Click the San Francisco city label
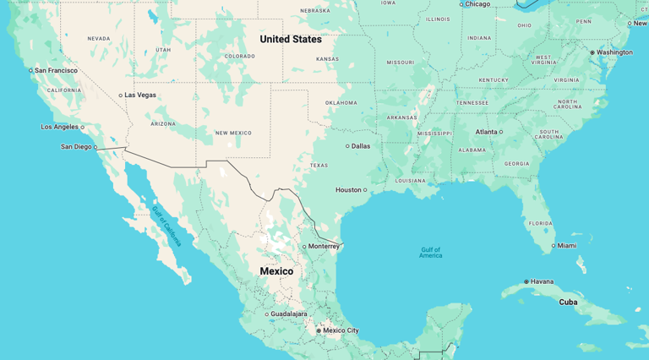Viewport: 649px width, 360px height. tap(56, 70)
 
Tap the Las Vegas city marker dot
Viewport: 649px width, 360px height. tap(121, 95)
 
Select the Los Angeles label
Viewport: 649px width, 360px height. tap(59, 127)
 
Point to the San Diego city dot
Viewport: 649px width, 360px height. tap(95, 147)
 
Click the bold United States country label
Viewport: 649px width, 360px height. tap(291, 39)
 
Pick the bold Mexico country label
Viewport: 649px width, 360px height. tap(276, 271)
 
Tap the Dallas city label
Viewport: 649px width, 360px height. tap(361, 146)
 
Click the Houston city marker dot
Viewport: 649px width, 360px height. tap(365, 190)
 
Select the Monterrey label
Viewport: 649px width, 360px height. tap(324, 247)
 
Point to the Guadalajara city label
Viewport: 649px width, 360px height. tap(289, 314)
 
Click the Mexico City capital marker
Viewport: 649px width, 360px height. tap(319, 330)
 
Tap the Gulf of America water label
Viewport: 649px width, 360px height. tap(431, 252)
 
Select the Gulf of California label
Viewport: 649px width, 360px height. tap(166, 226)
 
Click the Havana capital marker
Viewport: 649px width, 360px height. tap(526, 281)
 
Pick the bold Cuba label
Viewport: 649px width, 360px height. tap(568, 302)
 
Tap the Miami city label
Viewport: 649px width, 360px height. tap(567, 246)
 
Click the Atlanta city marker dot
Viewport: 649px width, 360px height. tap(501, 132)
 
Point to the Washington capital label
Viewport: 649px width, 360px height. tap(614, 52)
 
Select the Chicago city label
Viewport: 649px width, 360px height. tap(477, 4)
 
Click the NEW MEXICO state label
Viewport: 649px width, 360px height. tap(234, 133)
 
